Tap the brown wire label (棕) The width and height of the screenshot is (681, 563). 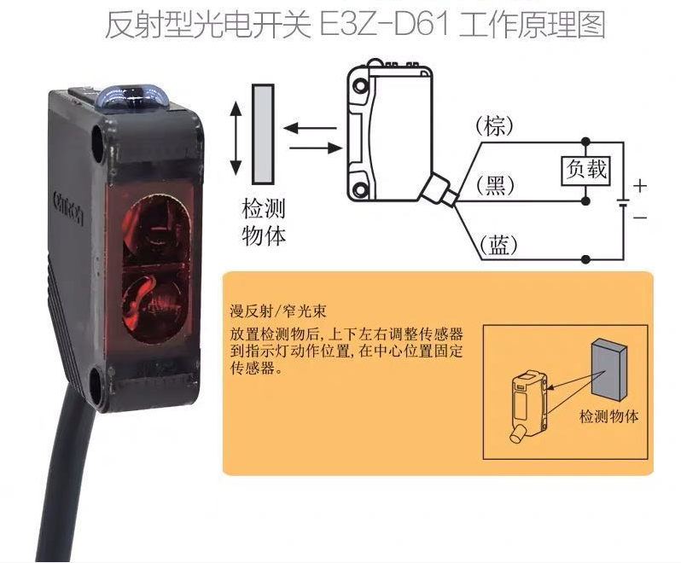click(495, 126)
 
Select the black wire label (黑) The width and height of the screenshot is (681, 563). click(495, 186)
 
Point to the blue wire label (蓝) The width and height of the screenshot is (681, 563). click(498, 245)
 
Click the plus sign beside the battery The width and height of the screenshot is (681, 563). click(640, 186)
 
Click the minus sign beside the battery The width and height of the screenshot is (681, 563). click(640, 217)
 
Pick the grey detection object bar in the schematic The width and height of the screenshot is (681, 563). click(263, 134)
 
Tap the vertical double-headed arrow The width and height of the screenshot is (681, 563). click(236, 137)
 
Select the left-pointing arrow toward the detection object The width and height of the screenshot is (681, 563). click(310, 128)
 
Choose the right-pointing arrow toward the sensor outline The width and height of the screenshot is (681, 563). click(316, 148)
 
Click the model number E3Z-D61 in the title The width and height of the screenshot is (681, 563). click(384, 26)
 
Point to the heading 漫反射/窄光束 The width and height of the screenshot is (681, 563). click(278, 311)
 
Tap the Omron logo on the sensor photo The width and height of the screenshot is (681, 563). click(67, 207)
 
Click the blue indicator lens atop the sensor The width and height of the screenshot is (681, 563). click(131, 97)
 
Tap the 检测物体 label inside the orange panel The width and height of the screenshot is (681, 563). click(609, 416)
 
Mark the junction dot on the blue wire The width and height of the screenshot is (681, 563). click(586, 259)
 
